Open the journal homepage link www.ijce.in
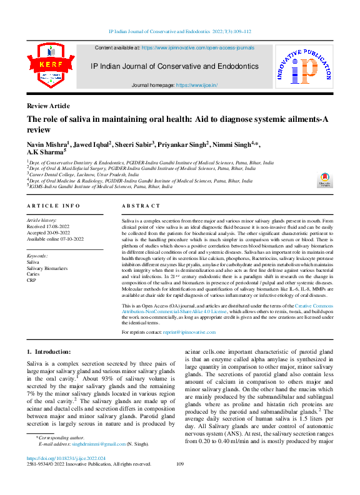tap(195, 84)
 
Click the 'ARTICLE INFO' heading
tap(53, 206)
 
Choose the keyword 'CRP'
tap(32, 280)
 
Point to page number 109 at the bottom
tap(180, 464)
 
